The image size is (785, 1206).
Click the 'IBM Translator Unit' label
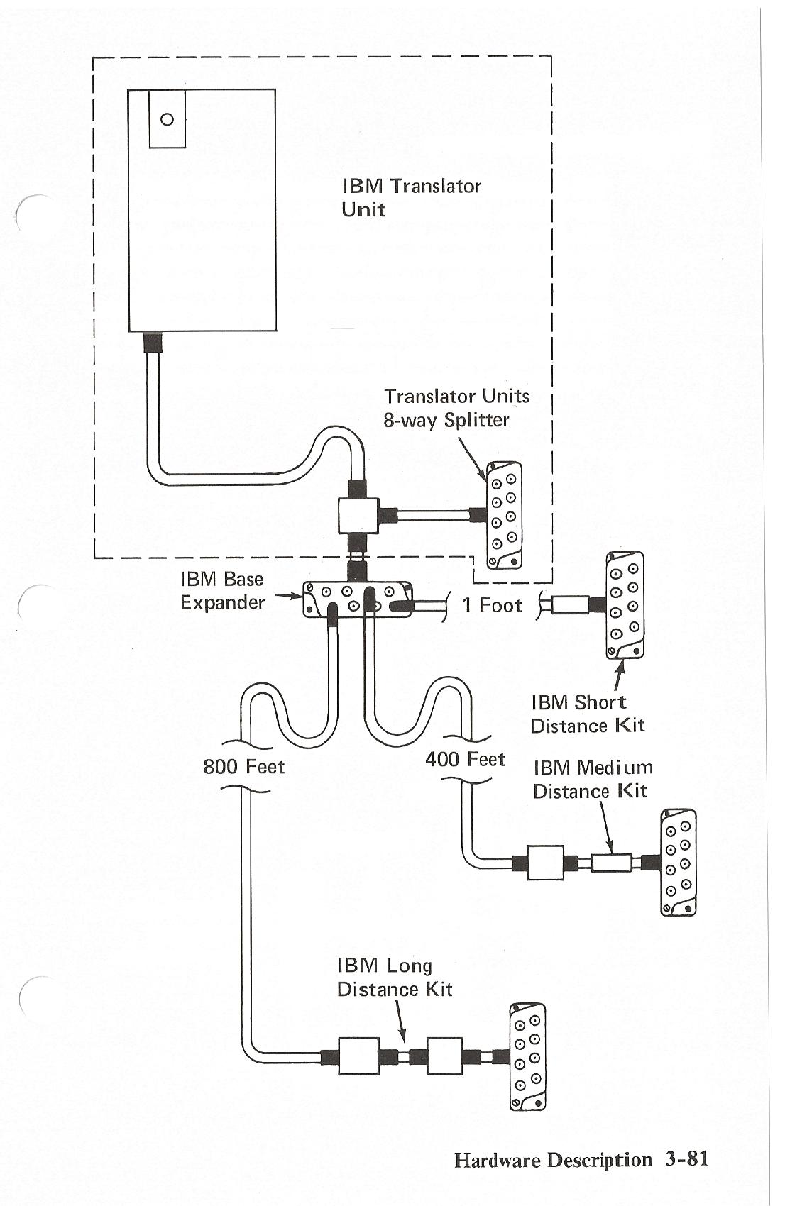click(x=411, y=198)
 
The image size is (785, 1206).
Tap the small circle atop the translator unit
click(x=167, y=119)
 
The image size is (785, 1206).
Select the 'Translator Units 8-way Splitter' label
click(x=456, y=408)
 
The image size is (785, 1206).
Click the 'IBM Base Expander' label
click(x=222, y=591)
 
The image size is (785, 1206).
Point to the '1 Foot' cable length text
click(x=492, y=605)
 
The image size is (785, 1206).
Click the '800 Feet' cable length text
click(x=243, y=766)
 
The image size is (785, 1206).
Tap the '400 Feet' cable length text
click(x=465, y=759)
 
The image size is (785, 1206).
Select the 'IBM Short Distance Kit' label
click(x=588, y=714)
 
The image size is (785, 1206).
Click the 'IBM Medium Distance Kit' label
click(x=593, y=779)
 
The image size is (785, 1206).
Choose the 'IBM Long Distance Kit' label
click(x=395, y=977)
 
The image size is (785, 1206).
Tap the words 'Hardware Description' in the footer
click(x=553, y=1159)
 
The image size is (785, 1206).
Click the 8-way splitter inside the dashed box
click(x=505, y=515)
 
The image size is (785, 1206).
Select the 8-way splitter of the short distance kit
click(x=625, y=604)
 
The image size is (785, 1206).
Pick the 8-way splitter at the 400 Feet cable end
click(x=679, y=862)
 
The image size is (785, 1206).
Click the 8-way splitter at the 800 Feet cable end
click(x=527, y=1056)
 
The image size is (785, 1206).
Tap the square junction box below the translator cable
click(x=358, y=515)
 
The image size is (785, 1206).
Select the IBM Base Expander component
click(x=357, y=599)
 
